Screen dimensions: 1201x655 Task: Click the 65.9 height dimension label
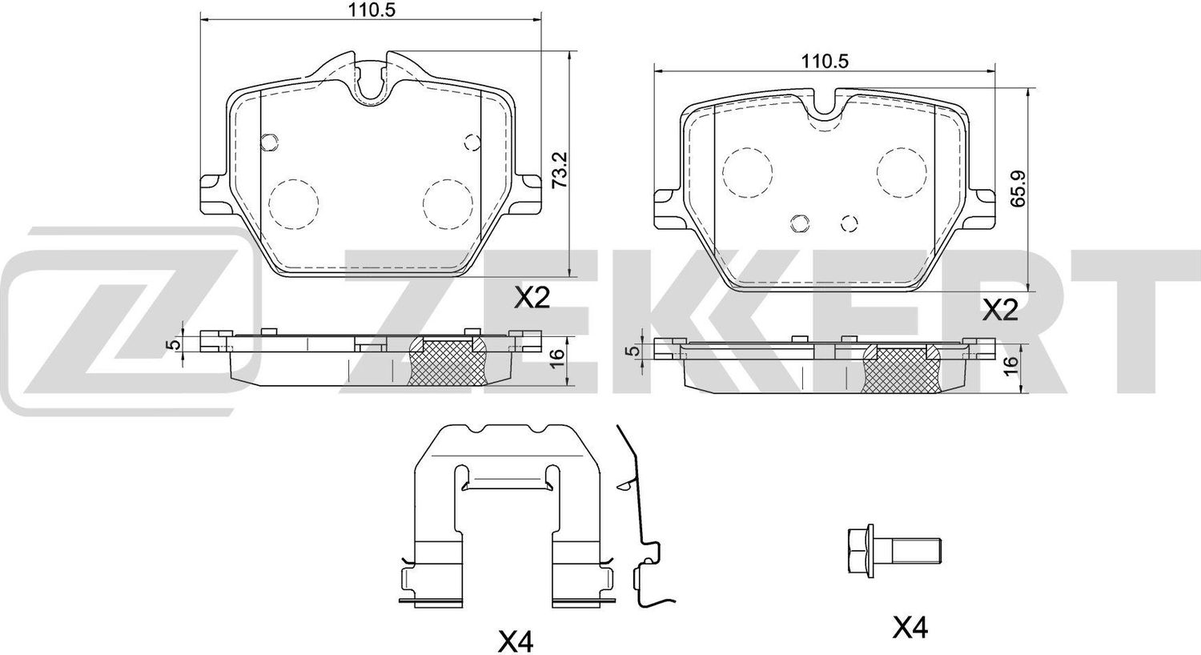(1018, 188)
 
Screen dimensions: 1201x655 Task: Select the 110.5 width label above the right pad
(825, 62)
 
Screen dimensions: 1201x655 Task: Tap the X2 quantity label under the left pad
(532, 298)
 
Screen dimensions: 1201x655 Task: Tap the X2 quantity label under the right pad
(1000, 311)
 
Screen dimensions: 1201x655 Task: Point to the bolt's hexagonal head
(861, 551)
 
